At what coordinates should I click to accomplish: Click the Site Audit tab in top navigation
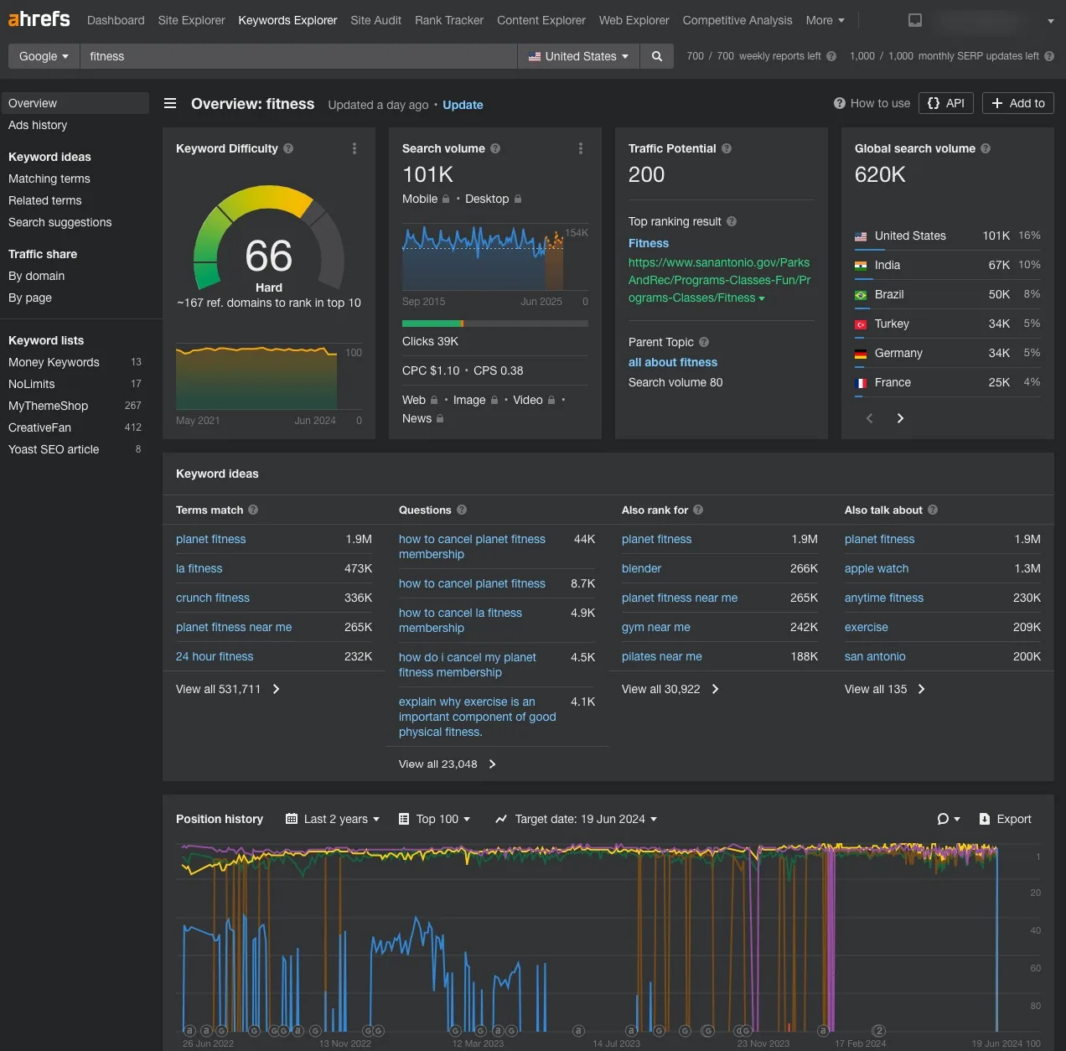pyautogui.click(x=375, y=20)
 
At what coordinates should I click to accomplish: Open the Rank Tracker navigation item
pyautogui.click(x=448, y=20)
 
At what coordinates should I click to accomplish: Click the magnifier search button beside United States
pyautogui.click(x=657, y=56)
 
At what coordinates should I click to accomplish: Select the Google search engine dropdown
pyautogui.click(x=44, y=56)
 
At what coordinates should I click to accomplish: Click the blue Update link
pyautogui.click(x=463, y=105)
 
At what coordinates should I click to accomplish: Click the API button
pyautogui.click(x=945, y=103)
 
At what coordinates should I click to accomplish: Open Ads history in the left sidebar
pyautogui.click(x=38, y=125)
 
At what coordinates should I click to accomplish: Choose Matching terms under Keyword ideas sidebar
pyautogui.click(x=49, y=179)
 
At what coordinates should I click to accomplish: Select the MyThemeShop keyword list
pyautogui.click(x=48, y=406)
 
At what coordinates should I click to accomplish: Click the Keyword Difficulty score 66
pyautogui.click(x=268, y=256)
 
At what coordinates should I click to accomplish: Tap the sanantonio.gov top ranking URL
pyautogui.click(x=719, y=280)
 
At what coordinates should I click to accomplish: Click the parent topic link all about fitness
pyautogui.click(x=673, y=362)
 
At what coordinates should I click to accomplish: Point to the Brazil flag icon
pyautogui.click(x=861, y=295)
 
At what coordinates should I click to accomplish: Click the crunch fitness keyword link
pyautogui.click(x=213, y=598)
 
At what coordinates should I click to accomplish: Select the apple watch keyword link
pyautogui.click(x=877, y=568)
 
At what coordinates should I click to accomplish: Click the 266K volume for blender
pyautogui.click(x=804, y=568)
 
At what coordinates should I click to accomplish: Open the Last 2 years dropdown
pyautogui.click(x=333, y=819)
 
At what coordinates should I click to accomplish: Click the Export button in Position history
pyautogui.click(x=1005, y=819)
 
